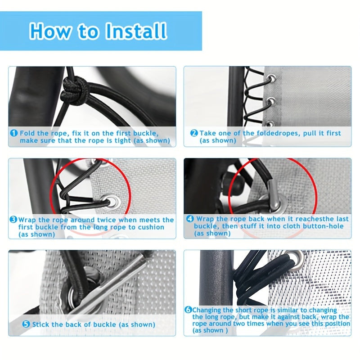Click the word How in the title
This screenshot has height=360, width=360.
(x=49, y=31)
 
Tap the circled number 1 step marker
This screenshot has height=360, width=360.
(x=13, y=133)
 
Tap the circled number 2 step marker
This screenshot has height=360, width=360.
(x=194, y=133)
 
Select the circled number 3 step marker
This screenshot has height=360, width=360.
(x=13, y=220)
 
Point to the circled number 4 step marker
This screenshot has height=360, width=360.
(x=189, y=219)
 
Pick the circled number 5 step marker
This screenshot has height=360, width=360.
(x=26, y=324)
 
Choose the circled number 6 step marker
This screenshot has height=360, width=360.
(x=188, y=310)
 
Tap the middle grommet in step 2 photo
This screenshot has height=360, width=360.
(x=272, y=101)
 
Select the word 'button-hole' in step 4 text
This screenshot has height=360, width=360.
(x=327, y=226)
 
